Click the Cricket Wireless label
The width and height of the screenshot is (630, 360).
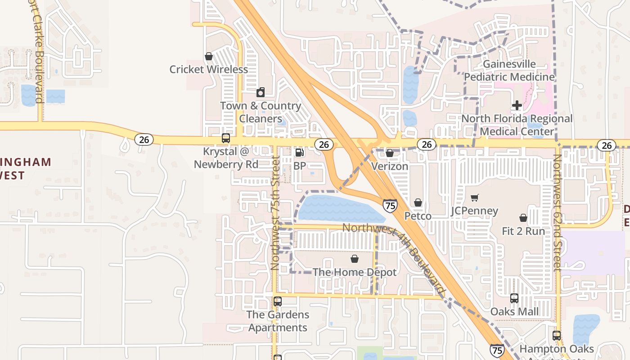[208, 69]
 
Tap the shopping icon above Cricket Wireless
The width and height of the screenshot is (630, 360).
[209, 56]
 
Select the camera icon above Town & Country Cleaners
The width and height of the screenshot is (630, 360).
[261, 93]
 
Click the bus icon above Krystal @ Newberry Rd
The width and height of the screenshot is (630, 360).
[226, 138]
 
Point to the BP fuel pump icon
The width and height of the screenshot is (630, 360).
[299, 153]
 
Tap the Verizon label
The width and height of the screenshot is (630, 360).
[390, 166]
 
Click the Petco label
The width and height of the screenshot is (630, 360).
[418, 216]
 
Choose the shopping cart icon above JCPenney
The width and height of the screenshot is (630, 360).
[474, 198]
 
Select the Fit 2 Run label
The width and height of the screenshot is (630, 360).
[523, 231]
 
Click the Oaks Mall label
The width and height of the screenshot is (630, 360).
[514, 311]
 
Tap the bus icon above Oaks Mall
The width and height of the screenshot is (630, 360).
[514, 298]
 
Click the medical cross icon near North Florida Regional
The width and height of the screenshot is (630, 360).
[517, 105]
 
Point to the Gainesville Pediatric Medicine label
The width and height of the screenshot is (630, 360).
[509, 71]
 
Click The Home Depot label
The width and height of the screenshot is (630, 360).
[355, 272]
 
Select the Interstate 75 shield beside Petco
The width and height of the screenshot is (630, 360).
[390, 206]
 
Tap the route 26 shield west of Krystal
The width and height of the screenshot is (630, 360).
[144, 139]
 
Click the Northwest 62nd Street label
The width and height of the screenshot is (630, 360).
[558, 212]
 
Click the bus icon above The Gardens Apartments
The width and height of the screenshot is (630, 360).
[278, 301]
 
